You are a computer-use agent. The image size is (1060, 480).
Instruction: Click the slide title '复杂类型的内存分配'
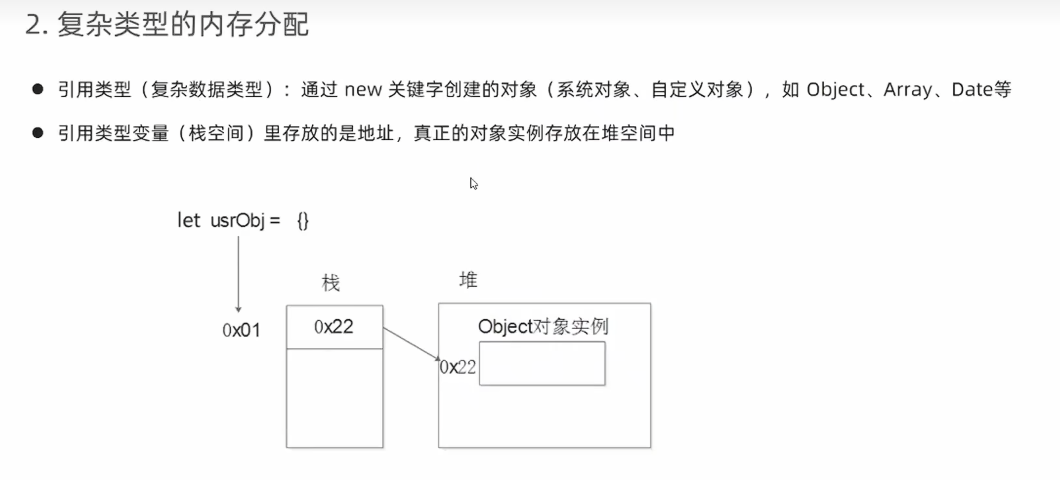182,25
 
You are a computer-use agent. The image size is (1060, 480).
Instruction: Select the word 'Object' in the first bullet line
835,90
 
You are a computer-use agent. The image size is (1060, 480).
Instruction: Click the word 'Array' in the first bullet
908,90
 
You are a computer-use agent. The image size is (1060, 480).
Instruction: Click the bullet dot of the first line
38,89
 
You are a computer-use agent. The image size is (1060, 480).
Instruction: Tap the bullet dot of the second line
38,133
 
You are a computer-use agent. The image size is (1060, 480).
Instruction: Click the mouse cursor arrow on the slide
473,183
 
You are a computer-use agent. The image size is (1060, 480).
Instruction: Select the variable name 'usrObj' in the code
237,221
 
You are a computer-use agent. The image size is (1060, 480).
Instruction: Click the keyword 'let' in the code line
188,221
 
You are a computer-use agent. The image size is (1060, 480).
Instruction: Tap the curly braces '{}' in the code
303,221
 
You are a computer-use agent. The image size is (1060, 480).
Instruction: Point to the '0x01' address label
241,331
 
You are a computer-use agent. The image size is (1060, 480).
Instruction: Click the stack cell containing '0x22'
334,327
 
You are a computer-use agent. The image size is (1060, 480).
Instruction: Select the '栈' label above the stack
330,283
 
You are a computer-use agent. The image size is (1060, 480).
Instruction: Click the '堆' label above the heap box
468,280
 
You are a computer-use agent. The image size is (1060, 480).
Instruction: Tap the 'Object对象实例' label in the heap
543,327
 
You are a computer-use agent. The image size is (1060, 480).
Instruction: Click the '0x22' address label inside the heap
458,367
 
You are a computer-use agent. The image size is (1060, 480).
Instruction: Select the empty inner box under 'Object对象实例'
542,364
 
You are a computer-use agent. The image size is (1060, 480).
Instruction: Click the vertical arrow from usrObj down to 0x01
238,274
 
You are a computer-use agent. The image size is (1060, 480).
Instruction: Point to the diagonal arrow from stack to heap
411,344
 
